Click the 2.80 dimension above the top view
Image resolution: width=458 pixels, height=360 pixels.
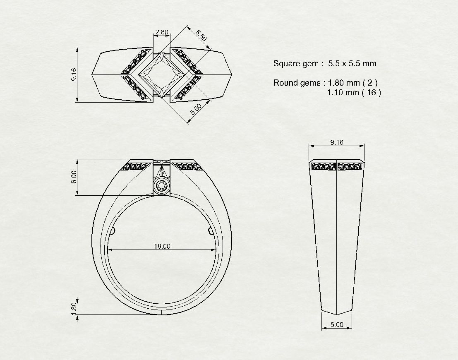tap(162, 32)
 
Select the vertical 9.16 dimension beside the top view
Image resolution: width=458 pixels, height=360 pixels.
tap(74, 74)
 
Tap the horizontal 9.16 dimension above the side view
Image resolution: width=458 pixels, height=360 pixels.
tap(337, 142)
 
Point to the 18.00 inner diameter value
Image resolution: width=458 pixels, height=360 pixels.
tap(162, 246)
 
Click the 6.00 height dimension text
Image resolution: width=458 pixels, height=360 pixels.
tap(74, 177)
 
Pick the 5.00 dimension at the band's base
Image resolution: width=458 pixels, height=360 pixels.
tap(337, 325)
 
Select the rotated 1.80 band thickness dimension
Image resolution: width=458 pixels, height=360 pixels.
tap(74, 309)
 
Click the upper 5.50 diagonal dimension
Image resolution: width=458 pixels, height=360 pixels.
tap(201, 35)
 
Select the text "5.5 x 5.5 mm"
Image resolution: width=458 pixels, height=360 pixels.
tap(352, 64)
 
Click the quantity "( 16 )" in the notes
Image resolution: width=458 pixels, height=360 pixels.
tap(371, 93)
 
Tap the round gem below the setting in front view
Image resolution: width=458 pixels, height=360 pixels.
tap(162, 186)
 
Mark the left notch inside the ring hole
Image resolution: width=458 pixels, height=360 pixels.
tap(113, 230)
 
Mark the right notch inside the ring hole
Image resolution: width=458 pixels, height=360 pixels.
tap(211, 230)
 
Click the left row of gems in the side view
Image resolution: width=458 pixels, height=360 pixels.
tap(324, 166)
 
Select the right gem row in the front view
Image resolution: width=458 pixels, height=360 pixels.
tap(187, 166)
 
